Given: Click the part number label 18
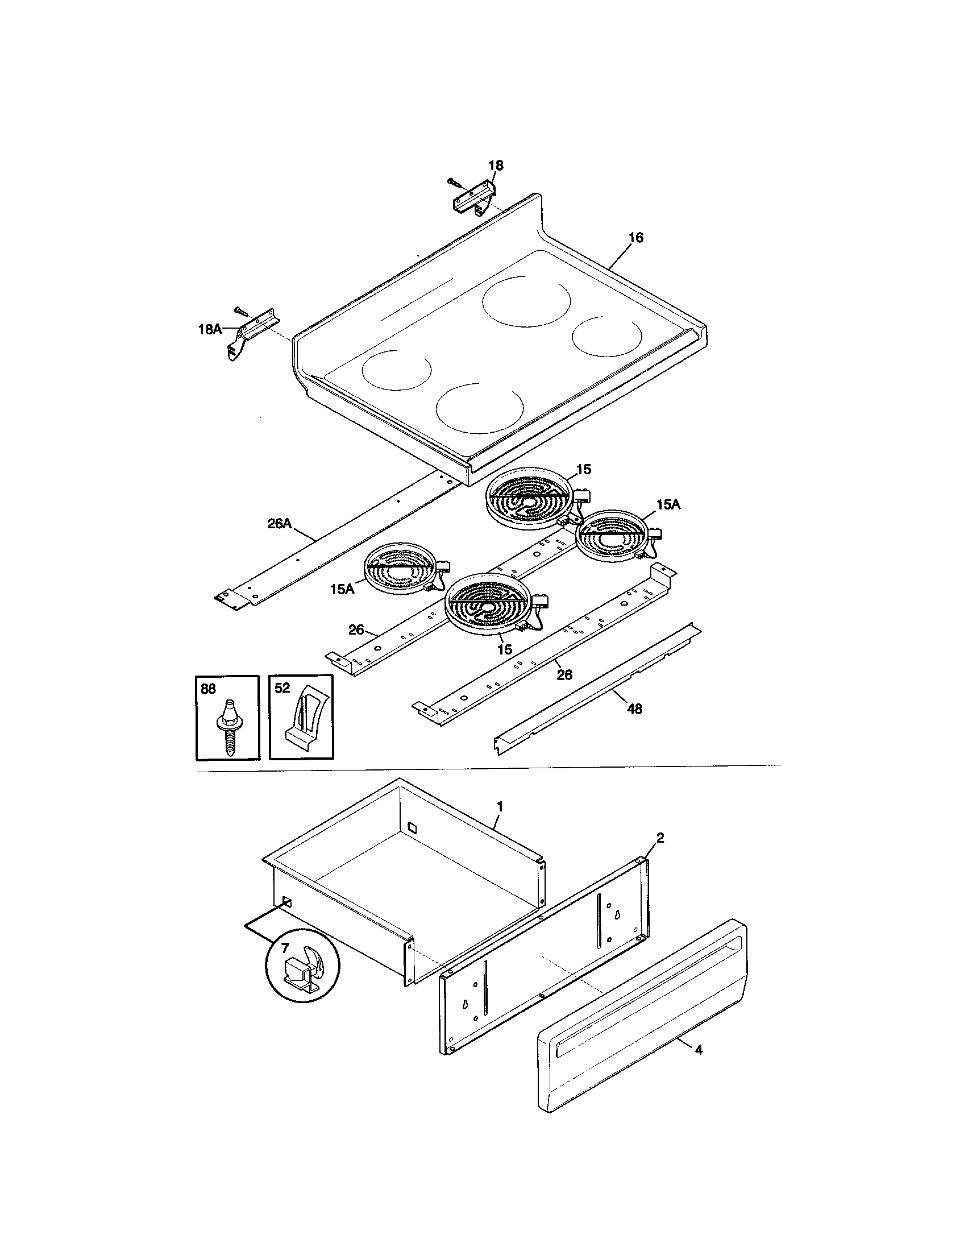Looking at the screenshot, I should pyautogui.click(x=496, y=165).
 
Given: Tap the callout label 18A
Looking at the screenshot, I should pyautogui.click(x=210, y=329).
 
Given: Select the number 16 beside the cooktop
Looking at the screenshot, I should pyautogui.click(x=636, y=238).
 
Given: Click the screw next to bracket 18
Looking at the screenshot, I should pyautogui.click(x=454, y=182).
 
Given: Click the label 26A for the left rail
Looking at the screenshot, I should pyautogui.click(x=279, y=523).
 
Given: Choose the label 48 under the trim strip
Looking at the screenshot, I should pyautogui.click(x=634, y=709).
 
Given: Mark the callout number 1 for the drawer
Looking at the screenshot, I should pyautogui.click(x=499, y=806).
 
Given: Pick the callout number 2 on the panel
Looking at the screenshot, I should pyautogui.click(x=660, y=838).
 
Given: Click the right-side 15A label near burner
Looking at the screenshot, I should pyautogui.click(x=668, y=504).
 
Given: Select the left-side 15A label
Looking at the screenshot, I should pyautogui.click(x=342, y=589).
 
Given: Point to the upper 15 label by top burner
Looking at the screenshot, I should pyautogui.click(x=583, y=470).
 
